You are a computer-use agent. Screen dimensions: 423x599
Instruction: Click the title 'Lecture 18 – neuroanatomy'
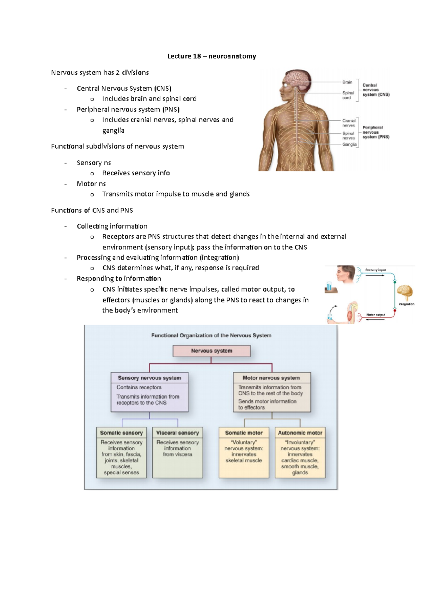coord(211,56)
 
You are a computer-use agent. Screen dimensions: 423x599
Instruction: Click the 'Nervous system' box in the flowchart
coord(211,351)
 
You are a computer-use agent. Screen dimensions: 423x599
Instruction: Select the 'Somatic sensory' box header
coord(121,433)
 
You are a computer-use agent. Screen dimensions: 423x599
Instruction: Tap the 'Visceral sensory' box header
coord(177,433)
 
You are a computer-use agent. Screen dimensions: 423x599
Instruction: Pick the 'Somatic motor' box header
coord(244,433)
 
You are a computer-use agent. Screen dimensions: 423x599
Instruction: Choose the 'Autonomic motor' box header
coord(300,433)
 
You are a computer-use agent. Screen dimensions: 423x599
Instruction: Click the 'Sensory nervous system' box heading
coord(149,378)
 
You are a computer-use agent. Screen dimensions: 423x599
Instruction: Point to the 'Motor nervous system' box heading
coord(271,378)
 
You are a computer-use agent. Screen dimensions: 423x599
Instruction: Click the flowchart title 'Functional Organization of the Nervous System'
coord(211,335)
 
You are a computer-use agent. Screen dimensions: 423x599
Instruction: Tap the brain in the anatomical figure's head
coord(298,79)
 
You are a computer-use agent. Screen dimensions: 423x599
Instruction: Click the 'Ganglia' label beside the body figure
coord(349,144)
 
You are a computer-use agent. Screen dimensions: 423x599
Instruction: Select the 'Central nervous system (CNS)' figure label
coord(376,90)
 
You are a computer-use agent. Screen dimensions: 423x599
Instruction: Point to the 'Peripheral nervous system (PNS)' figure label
coord(376,132)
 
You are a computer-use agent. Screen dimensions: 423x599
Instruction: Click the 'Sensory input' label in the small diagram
coord(375,270)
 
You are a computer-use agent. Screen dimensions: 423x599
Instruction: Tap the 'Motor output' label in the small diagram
coord(375,315)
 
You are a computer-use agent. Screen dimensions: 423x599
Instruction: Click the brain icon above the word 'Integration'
coord(404,292)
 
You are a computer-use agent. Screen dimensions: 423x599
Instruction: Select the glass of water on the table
coord(329,285)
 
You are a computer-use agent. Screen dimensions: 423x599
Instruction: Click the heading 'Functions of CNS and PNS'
coord(92,210)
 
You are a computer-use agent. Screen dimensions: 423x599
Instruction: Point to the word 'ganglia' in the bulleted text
coord(113,131)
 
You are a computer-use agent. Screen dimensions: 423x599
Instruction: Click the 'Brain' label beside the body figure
coord(347,82)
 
